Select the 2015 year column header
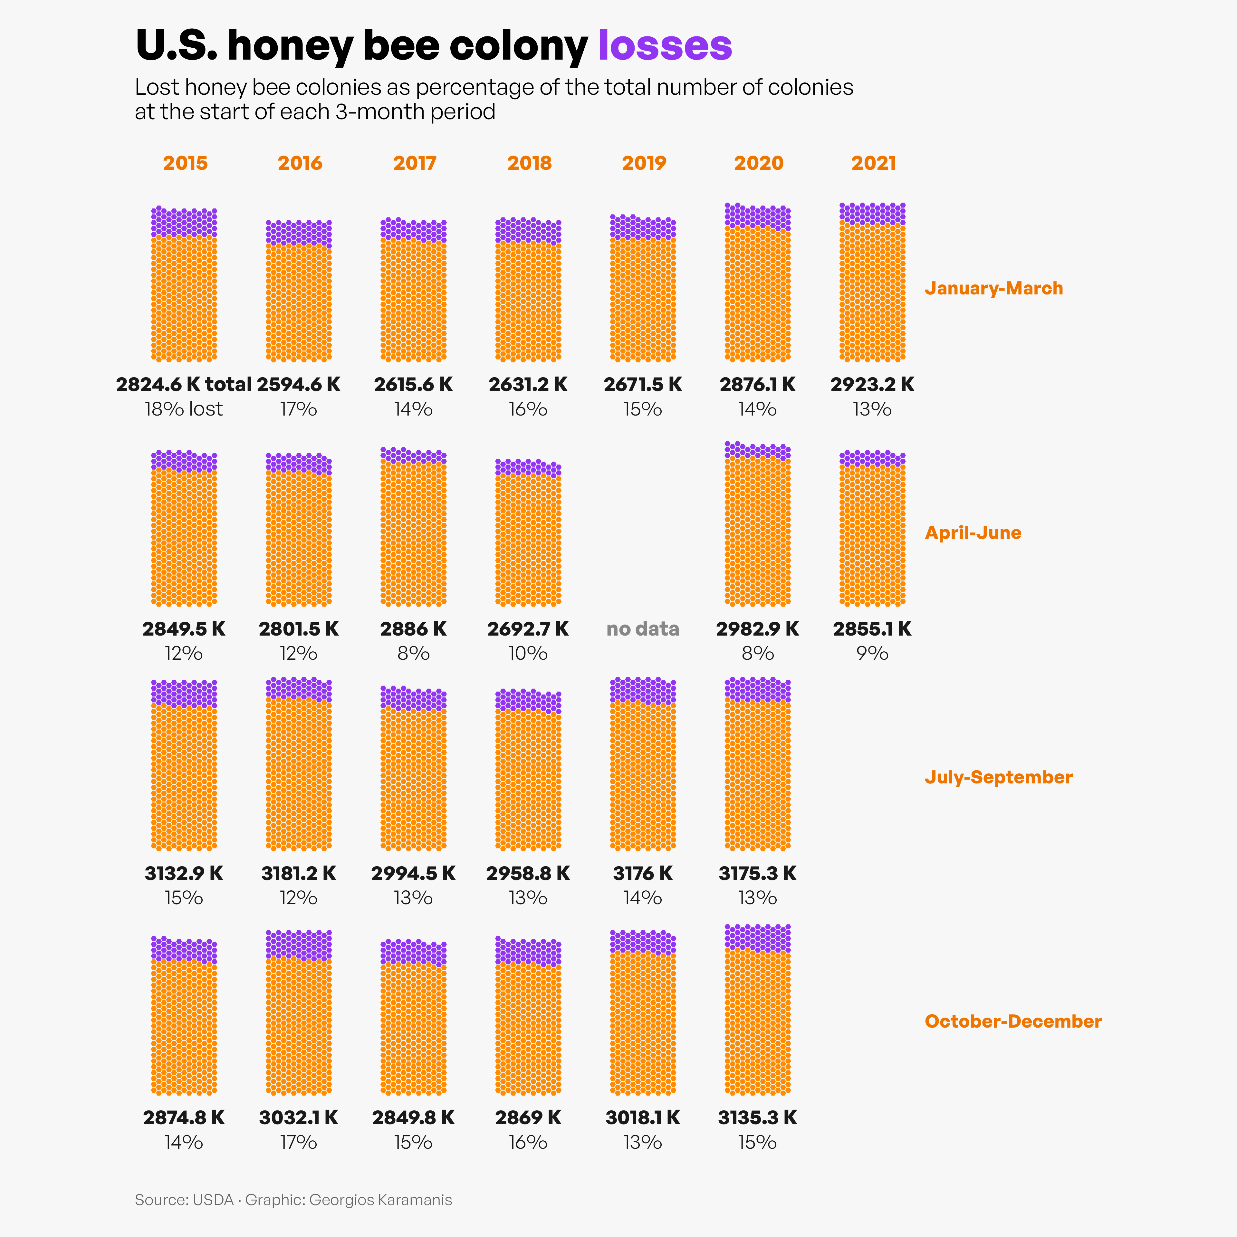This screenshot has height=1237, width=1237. (185, 163)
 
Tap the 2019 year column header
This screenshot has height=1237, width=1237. (644, 163)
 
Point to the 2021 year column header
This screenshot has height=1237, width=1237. (873, 163)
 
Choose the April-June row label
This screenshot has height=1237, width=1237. (973, 533)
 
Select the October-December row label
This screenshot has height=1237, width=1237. (1013, 1021)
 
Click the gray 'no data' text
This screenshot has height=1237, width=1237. (643, 629)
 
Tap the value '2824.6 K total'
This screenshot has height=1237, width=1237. (184, 384)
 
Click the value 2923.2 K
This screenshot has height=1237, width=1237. (872, 384)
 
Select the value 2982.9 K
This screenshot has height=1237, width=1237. (757, 629)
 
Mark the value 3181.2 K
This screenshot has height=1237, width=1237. (298, 873)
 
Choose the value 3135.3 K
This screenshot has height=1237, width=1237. (757, 1117)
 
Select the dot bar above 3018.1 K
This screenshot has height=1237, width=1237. (643, 1013)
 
